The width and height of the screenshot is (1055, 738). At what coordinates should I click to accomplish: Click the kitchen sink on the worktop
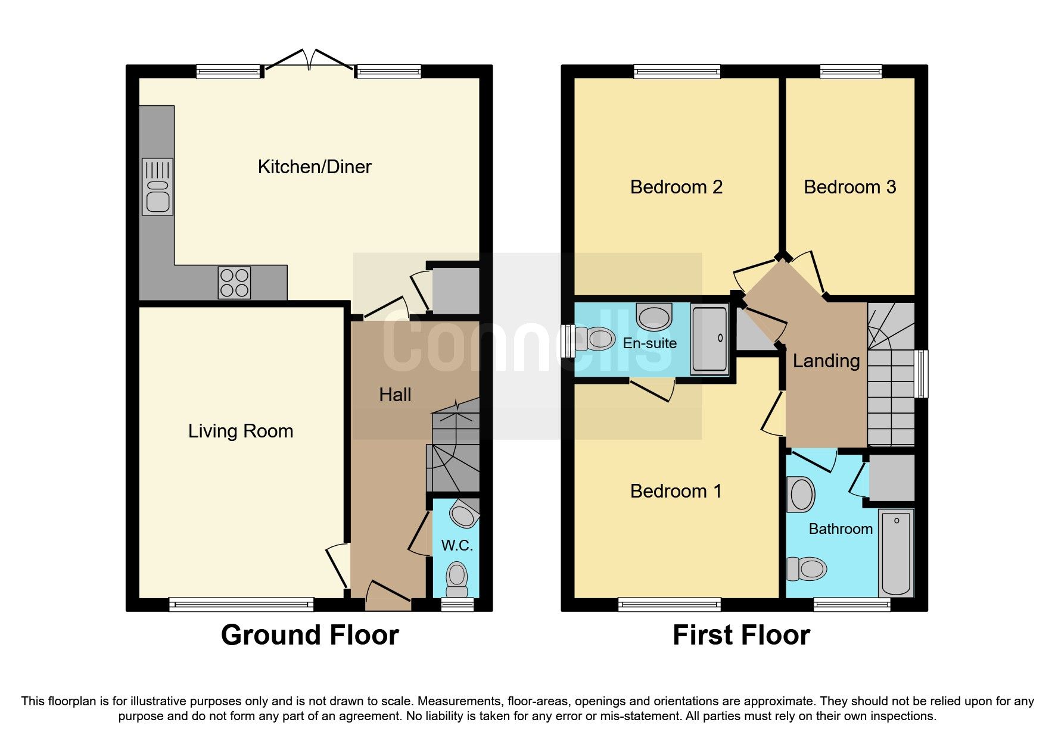(x=157, y=186)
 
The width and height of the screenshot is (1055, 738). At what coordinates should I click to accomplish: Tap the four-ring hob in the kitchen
(x=234, y=283)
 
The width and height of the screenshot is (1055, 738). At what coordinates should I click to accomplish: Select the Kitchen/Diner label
(x=315, y=167)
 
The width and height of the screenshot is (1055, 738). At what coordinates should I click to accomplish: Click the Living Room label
(x=241, y=431)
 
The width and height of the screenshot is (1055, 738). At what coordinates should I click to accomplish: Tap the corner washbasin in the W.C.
(x=463, y=514)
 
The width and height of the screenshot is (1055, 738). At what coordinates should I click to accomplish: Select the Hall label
(x=395, y=395)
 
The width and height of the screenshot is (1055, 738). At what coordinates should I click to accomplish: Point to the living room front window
(x=241, y=605)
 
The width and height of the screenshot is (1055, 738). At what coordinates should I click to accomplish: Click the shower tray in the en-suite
(x=709, y=338)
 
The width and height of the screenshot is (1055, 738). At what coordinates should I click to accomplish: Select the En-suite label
(x=649, y=343)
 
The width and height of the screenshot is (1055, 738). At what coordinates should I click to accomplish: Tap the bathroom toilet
(x=807, y=569)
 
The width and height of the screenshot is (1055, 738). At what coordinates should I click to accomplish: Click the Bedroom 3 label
(x=849, y=187)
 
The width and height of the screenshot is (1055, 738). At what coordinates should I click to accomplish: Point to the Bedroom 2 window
(x=677, y=72)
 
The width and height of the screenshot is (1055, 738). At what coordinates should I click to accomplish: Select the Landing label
(x=826, y=361)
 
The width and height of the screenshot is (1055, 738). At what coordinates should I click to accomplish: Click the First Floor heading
(x=741, y=635)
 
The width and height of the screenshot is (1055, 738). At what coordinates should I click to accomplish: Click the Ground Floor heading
(x=310, y=635)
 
